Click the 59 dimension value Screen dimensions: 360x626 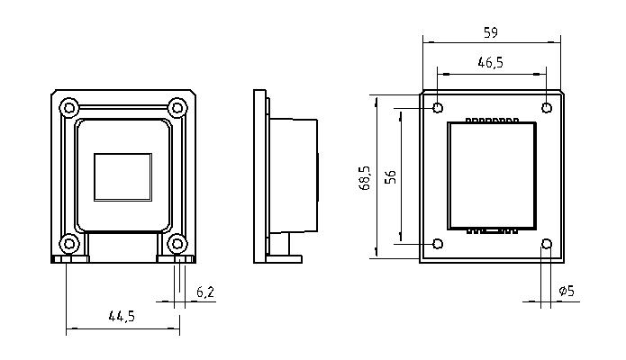(491, 32)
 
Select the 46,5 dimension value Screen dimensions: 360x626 (491, 63)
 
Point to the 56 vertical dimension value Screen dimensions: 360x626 (390, 176)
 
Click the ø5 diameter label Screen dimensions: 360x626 (567, 291)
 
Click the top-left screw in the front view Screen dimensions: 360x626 (69, 108)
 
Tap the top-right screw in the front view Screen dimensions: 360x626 (177, 108)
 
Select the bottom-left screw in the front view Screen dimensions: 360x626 (69, 242)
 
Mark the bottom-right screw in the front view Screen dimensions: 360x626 (177, 242)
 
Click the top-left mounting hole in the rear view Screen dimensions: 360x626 (438, 108)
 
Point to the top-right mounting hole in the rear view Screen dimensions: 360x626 (546, 108)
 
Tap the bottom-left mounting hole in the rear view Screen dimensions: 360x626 (438, 243)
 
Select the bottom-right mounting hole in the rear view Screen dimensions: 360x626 (546, 243)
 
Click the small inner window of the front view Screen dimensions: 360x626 (122, 176)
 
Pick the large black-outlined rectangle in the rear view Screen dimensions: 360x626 (492, 175)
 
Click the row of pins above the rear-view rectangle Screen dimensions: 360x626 (492, 120)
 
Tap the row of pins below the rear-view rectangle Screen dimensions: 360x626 (492, 230)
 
